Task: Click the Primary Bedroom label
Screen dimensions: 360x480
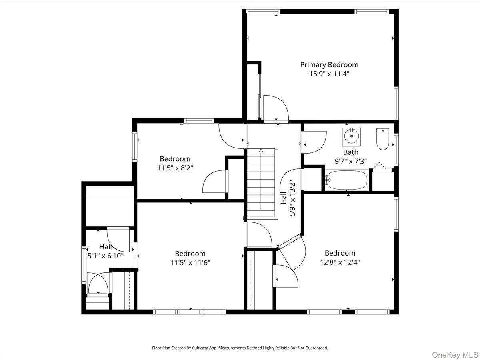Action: click(x=329, y=64)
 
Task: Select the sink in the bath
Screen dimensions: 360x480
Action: click(x=352, y=137)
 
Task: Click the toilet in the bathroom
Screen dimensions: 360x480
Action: click(x=383, y=139)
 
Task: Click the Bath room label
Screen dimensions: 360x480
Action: click(x=351, y=152)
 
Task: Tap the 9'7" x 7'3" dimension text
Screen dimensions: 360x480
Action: click(x=351, y=162)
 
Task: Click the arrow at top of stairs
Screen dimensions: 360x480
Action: click(x=261, y=151)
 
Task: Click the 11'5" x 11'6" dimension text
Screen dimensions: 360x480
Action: click(x=190, y=263)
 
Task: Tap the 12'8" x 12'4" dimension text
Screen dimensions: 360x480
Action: click(x=340, y=262)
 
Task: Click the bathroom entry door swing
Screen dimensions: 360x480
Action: click(x=314, y=142)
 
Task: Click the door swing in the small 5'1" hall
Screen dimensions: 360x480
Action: click(x=119, y=239)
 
